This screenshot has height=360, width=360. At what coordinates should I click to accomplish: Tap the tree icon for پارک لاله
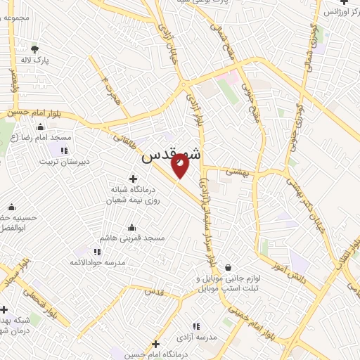(x=35, y=49)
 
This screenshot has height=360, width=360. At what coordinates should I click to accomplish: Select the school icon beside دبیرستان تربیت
(x=64, y=150)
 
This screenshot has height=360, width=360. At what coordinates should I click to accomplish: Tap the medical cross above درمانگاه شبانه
(x=134, y=179)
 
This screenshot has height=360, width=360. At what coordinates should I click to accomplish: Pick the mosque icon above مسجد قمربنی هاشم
(x=131, y=228)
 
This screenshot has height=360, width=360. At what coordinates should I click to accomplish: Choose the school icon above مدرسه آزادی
(x=196, y=326)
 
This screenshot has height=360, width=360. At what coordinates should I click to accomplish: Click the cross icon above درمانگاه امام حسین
(x=156, y=344)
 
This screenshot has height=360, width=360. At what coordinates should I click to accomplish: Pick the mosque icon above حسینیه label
(x=11, y=207)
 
